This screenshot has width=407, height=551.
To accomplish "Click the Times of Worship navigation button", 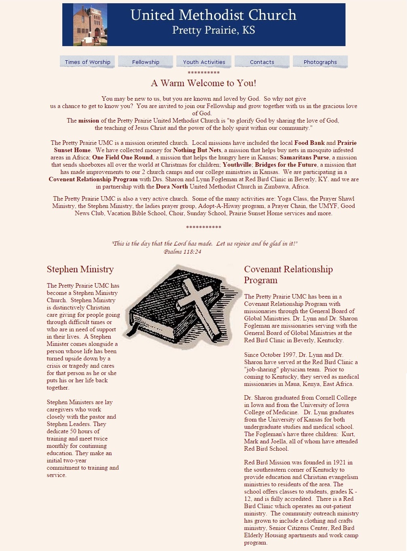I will pyautogui.click(x=87, y=62).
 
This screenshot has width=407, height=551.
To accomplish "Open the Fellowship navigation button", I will pyautogui.click(x=146, y=62).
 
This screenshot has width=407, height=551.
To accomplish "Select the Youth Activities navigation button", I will pyautogui.click(x=204, y=62).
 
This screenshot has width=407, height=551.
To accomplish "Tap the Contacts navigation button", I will pyautogui.click(x=262, y=62).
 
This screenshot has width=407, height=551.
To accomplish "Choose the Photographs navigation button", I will pyautogui.click(x=320, y=62).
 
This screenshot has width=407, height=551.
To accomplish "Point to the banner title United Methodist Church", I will pyautogui.click(x=213, y=15).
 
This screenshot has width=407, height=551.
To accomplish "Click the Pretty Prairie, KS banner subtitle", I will pyautogui.click(x=213, y=30).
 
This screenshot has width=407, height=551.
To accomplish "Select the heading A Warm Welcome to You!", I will pyautogui.click(x=203, y=83).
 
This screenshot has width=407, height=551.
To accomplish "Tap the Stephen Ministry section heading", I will pyautogui.click(x=80, y=269).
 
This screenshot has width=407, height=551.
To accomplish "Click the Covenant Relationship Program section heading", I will pyautogui.click(x=288, y=275).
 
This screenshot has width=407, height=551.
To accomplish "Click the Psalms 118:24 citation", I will pyautogui.click(x=182, y=252).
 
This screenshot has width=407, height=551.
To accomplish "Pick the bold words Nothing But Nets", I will pyautogui.click(x=197, y=150).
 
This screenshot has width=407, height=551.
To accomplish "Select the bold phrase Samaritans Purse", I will pyautogui.click(x=304, y=157).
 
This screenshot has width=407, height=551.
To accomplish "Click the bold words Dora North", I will pyautogui.click(x=172, y=186).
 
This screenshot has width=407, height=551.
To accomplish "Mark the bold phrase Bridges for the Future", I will pyautogui.click(x=286, y=165).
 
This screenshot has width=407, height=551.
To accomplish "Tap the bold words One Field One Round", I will pyautogui.click(x=122, y=157).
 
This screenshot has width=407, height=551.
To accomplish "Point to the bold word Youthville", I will pyautogui.click(x=237, y=165).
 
